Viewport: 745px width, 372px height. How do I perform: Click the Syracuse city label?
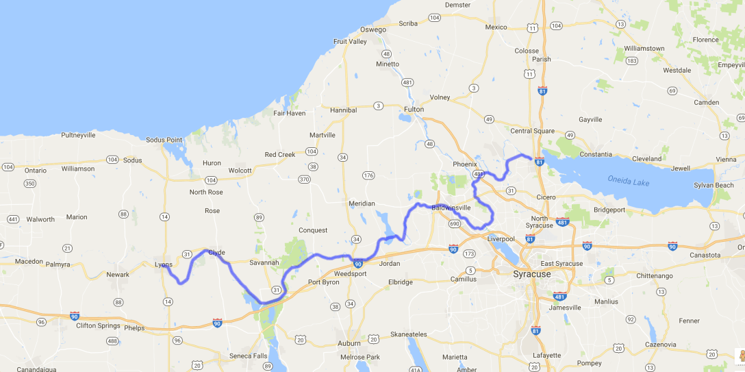(x=532, y=274)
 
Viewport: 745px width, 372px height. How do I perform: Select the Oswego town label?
(x=373, y=29)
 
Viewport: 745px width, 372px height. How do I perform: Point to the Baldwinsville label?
(x=451, y=208)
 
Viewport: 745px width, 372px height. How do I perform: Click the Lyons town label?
(x=164, y=264)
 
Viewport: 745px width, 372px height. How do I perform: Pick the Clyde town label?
(x=216, y=253)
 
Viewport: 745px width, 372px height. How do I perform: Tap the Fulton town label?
(x=414, y=110)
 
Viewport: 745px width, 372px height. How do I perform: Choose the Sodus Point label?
(x=164, y=140)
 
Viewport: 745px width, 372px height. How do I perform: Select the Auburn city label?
(x=349, y=343)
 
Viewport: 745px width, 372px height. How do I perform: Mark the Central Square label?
(x=532, y=131)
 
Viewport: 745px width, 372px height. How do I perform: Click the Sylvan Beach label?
(x=714, y=186)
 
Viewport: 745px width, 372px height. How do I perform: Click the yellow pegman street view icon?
(x=739, y=356)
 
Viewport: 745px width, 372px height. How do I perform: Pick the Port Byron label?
(x=324, y=282)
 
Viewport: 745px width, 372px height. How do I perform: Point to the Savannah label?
(x=264, y=262)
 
